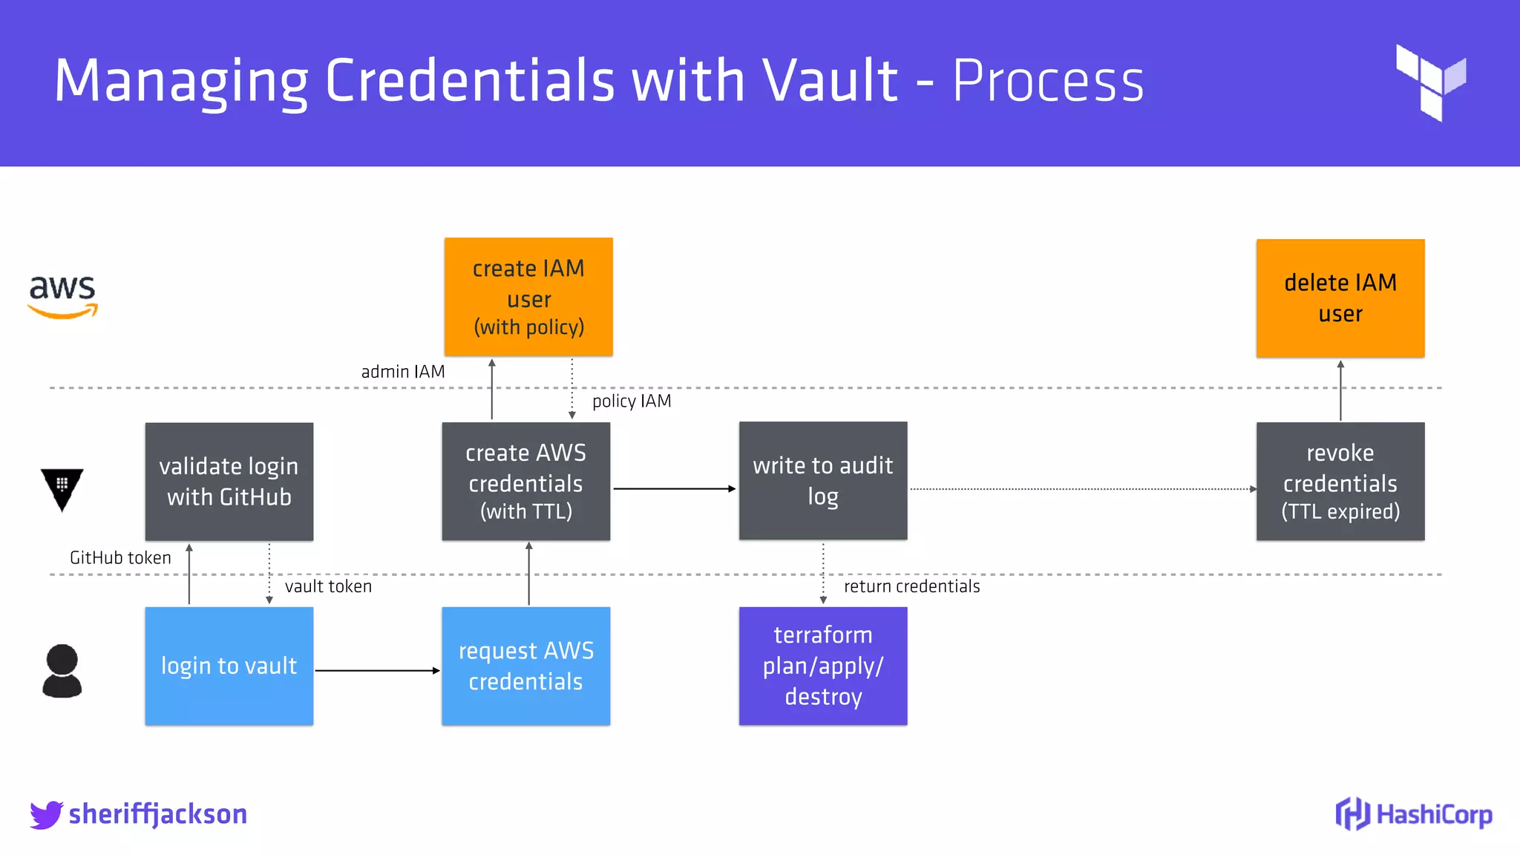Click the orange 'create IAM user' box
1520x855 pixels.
click(528, 297)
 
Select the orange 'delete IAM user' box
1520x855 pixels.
click(1340, 298)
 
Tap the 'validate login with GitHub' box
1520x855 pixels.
click(229, 482)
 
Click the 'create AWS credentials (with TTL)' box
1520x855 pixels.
click(525, 482)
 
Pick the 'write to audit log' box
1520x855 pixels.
click(822, 481)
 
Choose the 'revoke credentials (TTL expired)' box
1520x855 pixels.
click(1340, 482)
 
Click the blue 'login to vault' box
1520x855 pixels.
click(229, 666)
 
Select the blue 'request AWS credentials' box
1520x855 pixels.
click(525, 666)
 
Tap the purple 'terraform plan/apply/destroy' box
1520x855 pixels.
click(822, 666)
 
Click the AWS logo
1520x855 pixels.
click(62, 296)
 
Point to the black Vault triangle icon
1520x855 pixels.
click(62, 488)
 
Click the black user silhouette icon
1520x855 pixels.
click(62, 670)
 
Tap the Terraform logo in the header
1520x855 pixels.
click(1430, 82)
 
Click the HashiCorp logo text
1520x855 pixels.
click(1433, 814)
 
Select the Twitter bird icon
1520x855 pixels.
click(46, 814)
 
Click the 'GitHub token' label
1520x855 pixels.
click(120, 558)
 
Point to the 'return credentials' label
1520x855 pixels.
click(911, 586)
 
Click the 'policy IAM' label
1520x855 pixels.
click(632, 402)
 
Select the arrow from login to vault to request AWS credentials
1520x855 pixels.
click(377, 670)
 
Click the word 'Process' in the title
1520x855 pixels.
click(1047, 81)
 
